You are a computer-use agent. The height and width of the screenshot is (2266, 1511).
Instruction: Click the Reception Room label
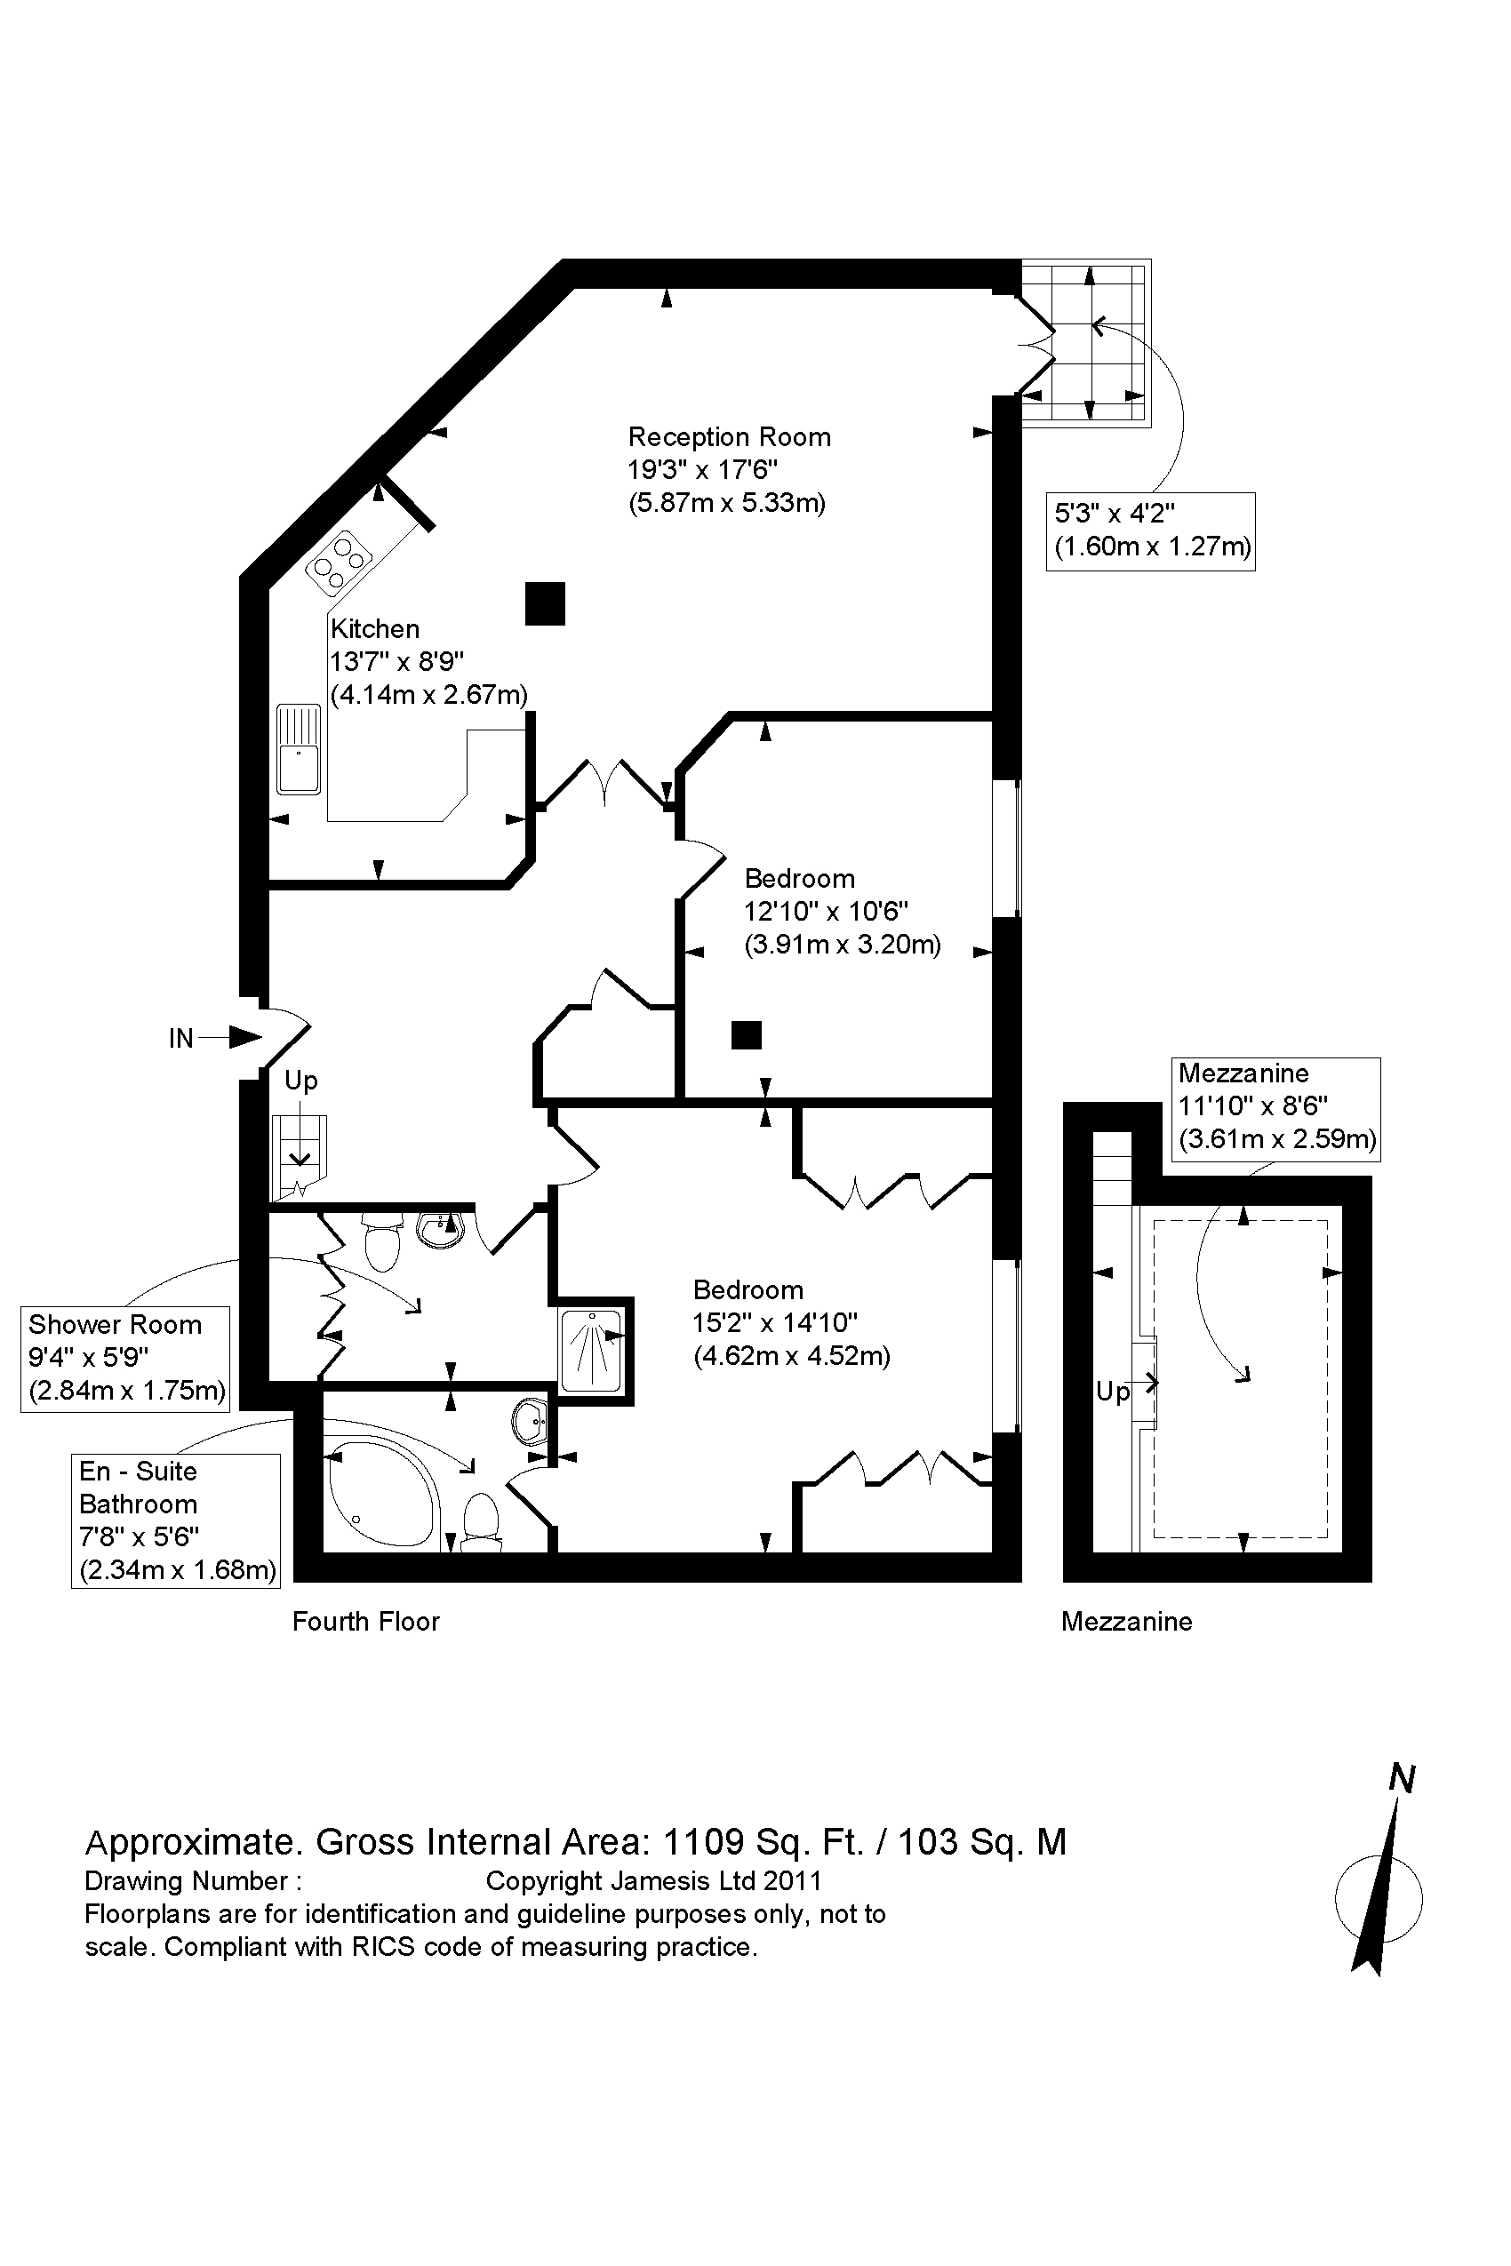[729, 437]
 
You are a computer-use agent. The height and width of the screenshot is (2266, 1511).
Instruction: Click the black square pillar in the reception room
[545, 604]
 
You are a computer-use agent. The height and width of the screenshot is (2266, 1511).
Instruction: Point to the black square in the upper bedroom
[746, 1034]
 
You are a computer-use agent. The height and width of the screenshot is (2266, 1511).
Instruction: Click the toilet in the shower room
[382, 1242]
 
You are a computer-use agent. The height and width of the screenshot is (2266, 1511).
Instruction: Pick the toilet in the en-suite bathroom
[481, 1521]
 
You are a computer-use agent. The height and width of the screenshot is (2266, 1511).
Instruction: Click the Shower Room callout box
[125, 1359]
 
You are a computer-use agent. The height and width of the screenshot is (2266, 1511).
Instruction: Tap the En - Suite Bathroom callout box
[176, 1521]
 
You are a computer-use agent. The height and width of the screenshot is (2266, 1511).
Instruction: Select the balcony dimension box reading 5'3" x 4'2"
[1151, 531]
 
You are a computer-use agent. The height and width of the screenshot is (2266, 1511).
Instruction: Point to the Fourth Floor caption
[365, 1622]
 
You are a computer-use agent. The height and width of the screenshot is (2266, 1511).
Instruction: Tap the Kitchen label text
[375, 629]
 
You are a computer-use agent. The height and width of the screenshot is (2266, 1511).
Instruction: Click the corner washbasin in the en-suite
[529, 1422]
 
